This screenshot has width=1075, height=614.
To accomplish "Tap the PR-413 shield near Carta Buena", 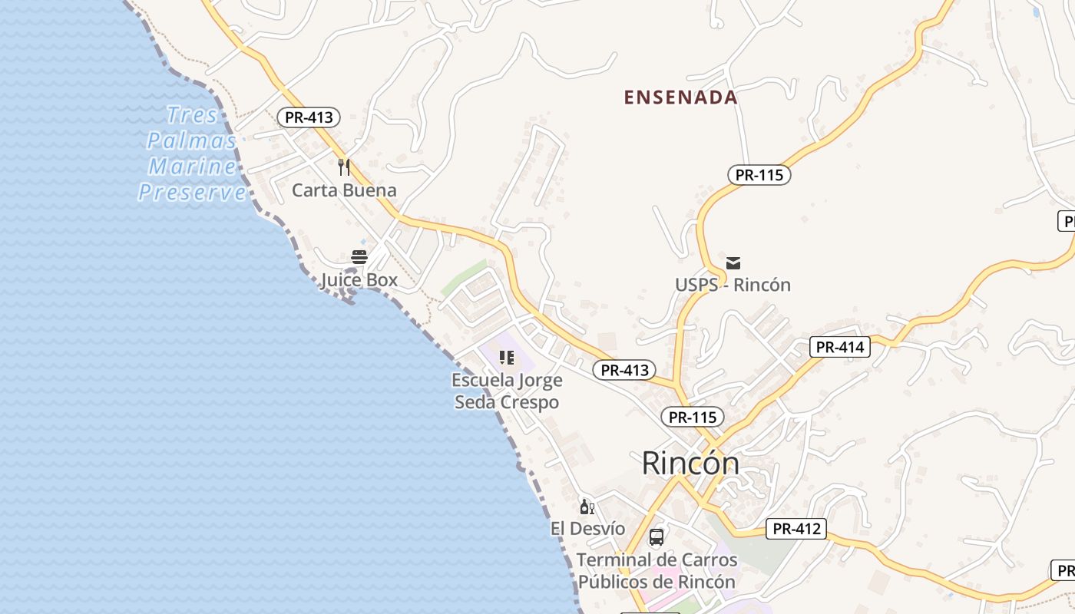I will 309,117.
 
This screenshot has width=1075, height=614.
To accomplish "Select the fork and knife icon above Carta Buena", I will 344,167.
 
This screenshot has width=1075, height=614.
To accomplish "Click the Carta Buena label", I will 344,190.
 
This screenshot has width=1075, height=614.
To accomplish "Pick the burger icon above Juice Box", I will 359,257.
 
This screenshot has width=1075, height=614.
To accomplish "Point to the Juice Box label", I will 359,280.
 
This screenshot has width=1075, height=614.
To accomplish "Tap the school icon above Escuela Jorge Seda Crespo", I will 507,358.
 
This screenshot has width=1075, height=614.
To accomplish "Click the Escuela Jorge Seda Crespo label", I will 507,391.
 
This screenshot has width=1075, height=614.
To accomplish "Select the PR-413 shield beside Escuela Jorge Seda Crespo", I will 625,370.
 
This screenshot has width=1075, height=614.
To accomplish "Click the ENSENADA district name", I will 680,97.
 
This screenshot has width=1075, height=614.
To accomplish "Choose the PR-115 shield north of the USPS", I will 759,175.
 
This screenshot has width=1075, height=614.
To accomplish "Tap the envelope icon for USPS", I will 733,263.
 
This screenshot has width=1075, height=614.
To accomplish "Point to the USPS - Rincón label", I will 733,285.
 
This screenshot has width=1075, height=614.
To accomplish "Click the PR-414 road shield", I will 840,347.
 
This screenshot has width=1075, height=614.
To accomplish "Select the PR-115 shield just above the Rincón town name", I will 693,417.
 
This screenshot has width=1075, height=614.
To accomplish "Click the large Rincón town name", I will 690,463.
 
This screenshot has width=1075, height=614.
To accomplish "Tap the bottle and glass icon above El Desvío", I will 587,507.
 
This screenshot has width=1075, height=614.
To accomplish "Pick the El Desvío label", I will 587,529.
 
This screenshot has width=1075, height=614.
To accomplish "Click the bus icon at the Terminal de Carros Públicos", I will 657,537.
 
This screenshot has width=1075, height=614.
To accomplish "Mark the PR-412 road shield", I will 795,529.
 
